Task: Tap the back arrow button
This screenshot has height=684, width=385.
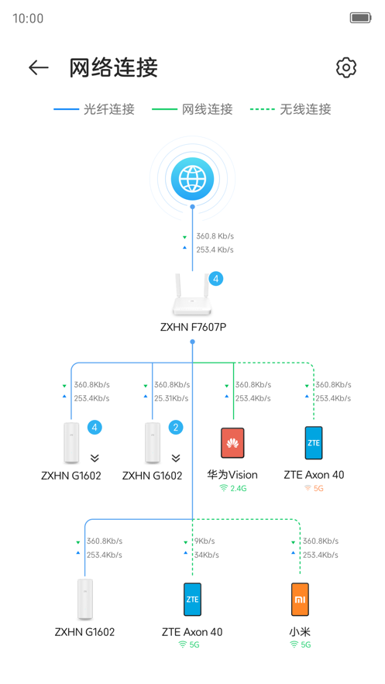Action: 38,68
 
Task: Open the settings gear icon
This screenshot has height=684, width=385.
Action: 345,67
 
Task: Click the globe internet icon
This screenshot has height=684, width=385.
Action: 192,179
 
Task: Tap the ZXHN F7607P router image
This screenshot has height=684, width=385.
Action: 191,294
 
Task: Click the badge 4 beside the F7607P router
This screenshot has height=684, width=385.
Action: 216,279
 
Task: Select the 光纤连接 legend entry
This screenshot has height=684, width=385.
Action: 95,109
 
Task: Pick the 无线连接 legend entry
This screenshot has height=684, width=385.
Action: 291,109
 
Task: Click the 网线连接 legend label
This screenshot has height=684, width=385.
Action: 193,109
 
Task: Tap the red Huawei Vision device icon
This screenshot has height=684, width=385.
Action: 232,443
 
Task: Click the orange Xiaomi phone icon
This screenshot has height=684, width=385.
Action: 300,599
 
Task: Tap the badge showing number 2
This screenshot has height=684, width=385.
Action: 176,428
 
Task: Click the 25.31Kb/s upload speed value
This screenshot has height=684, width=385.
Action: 170,398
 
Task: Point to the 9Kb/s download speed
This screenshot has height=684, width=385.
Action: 205,541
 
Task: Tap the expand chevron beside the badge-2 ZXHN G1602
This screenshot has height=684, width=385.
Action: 176,458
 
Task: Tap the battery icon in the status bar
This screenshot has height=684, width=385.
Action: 360,18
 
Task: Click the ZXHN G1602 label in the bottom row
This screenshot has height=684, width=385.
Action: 84,632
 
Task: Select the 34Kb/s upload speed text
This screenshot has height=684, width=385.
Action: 206,555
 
